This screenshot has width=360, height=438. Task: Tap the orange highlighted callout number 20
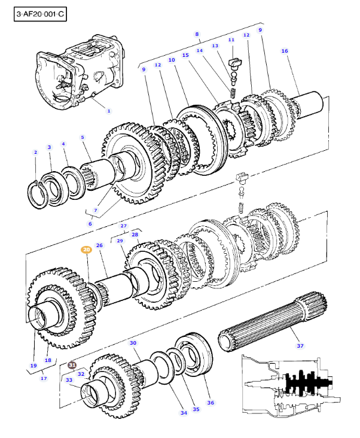click(x=86, y=250)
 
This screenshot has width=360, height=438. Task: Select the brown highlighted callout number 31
click(x=72, y=364)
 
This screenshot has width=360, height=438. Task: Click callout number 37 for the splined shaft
click(x=300, y=345)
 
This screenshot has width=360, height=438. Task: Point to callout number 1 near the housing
click(x=108, y=111)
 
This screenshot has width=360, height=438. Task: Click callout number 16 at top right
click(x=285, y=51)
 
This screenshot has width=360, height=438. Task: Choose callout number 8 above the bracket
click(x=197, y=34)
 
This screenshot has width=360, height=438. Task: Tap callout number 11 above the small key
click(x=231, y=39)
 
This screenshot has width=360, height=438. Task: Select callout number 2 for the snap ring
click(x=35, y=153)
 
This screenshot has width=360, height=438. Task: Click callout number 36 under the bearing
click(x=210, y=403)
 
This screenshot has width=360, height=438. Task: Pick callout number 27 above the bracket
click(x=124, y=226)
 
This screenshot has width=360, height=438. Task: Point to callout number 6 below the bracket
click(x=90, y=224)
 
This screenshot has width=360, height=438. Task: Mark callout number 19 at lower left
click(x=33, y=365)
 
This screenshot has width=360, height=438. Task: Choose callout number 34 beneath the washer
click(x=183, y=413)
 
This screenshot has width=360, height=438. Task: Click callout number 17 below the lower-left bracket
click(x=43, y=378)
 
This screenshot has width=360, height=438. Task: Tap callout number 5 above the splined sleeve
click(x=83, y=137)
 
